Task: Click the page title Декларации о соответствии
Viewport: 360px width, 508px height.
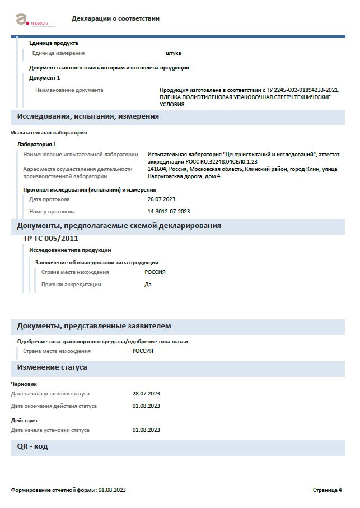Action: point(115,18)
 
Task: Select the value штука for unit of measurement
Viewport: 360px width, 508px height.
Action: point(174,53)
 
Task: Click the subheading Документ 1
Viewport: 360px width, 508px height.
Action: point(44,78)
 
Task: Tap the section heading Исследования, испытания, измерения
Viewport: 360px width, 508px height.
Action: point(88,116)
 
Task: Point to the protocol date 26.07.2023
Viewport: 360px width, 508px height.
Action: point(162,199)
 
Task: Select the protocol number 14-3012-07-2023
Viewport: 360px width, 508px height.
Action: point(169,212)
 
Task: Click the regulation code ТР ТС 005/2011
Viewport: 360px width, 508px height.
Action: point(50,238)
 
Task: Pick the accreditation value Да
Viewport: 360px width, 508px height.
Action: point(148,285)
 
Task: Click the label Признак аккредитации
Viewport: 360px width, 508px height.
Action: point(71,285)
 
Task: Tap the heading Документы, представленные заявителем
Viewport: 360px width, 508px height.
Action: point(94,326)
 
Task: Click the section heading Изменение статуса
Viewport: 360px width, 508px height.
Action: point(52,367)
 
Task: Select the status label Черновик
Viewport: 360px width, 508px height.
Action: point(24,384)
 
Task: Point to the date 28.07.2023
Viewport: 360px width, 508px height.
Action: point(146,394)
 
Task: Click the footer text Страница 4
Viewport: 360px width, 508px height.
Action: point(327,490)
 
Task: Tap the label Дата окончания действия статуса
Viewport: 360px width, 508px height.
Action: point(54,406)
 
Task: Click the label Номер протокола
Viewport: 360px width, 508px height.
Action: point(52,212)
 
